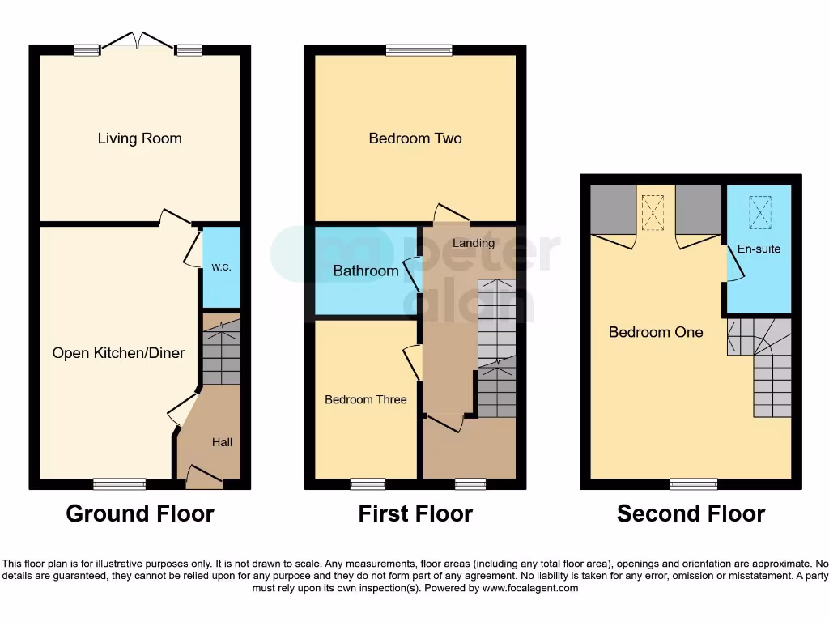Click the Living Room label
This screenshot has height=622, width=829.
139,138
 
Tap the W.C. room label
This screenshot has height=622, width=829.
221,267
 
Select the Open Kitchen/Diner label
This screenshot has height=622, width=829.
118,353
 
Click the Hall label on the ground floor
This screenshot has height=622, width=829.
222,442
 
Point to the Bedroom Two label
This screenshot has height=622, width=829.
414,138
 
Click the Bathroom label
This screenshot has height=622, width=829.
366,271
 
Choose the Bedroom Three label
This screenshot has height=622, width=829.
366,399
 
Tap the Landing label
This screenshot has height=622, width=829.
473,243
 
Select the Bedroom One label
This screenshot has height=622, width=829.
656,332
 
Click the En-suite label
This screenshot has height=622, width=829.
759,249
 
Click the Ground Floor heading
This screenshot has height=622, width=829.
140,513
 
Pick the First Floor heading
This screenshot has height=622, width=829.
415,513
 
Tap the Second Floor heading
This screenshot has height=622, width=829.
691,513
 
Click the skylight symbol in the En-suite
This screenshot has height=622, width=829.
759,212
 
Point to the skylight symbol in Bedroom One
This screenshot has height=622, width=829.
653,212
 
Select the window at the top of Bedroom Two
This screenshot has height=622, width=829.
419,50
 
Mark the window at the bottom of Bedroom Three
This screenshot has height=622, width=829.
368,484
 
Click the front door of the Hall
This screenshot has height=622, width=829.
203,477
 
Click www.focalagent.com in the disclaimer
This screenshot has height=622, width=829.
529,588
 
